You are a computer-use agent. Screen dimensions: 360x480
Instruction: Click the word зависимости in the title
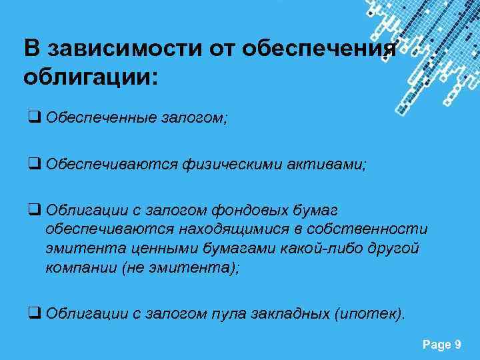pyautogui.click(x=117, y=49)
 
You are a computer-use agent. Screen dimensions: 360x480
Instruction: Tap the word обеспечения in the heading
pyautogui.click(x=320, y=49)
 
